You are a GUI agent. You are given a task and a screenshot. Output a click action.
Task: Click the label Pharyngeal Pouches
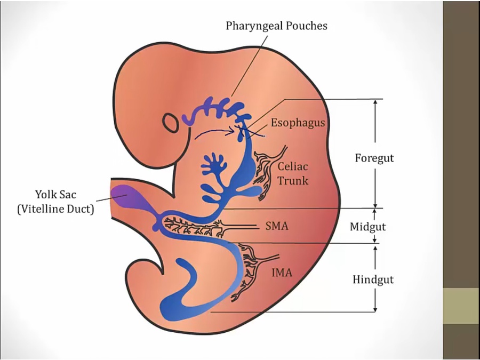276,25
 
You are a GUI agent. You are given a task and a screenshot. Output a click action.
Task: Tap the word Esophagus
298,122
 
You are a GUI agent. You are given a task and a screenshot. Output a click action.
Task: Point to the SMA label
276,226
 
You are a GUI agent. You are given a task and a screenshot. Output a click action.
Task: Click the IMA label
281,274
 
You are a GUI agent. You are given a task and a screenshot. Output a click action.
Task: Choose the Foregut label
374,158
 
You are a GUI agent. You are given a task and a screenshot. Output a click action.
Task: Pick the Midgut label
367,227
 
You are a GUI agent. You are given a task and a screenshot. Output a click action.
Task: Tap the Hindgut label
373,279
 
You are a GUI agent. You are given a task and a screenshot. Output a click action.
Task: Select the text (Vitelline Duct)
55,209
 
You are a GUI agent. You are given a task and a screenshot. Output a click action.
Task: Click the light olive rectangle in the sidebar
461,306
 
